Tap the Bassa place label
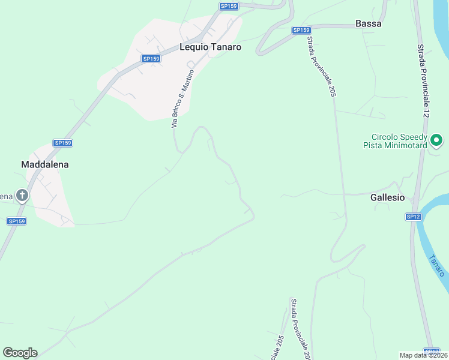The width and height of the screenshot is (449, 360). [x=369, y=24]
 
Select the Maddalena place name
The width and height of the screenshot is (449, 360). [x=45, y=164]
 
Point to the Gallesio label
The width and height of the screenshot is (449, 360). [x=387, y=197]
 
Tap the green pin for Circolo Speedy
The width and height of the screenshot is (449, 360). [x=437, y=141]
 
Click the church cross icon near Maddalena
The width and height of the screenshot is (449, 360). [x=22, y=195]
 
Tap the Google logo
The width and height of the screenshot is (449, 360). [x=20, y=353]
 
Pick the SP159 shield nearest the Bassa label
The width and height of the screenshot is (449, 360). [x=301, y=30]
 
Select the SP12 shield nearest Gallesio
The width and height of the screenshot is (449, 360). [x=412, y=217]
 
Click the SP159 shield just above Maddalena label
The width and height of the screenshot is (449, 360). [x=62, y=143]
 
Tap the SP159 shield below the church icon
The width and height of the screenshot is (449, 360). [x=16, y=221]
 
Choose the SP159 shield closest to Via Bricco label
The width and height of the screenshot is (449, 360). [x=151, y=59]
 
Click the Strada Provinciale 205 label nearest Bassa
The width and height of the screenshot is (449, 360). [x=321, y=67]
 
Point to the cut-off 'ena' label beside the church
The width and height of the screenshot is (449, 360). [x=6, y=196]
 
